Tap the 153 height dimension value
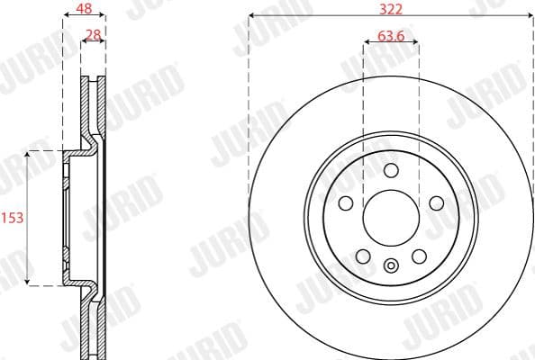pos(12,218)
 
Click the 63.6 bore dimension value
pos(390,38)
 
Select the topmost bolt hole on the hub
pos(390,171)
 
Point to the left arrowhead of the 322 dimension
pos(251,16)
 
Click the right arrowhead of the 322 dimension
pos(529,16)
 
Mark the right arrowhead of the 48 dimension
pos(103,15)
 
